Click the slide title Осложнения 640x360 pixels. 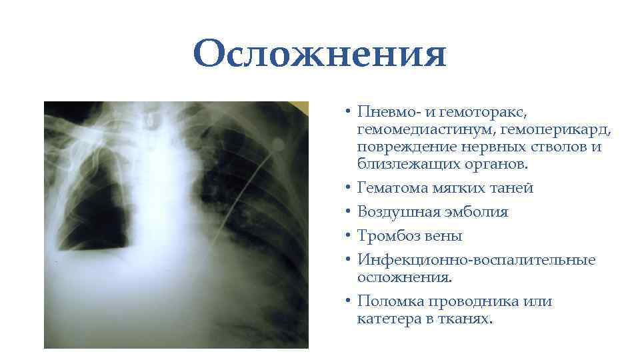pos(320,53)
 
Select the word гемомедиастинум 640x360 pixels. pos(421,129)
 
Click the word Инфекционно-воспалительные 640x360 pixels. pos(476,259)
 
